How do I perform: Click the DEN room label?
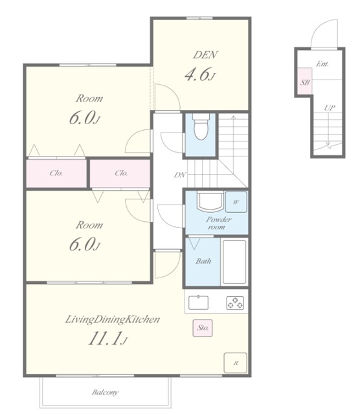pyautogui.click(x=205, y=54)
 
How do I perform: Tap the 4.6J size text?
pyautogui.click(x=200, y=74)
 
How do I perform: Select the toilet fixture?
pyautogui.click(x=201, y=127)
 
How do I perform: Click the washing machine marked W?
pyautogui.click(x=236, y=202)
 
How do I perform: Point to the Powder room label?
pyautogui.click(x=219, y=223)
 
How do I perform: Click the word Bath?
pyautogui.click(x=203, y=261)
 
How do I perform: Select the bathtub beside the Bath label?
pyautogui.click(x=234, y=261)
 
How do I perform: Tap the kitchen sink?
pyautogui.click(x=198, y=303)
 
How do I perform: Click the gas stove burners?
pyautogui.click(x=235, y=303)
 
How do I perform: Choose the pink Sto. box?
pyautogui.click(x=203, y=328)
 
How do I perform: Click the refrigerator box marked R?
pyautogui.click(x=236, y=363)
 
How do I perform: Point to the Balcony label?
pyautogui.click(x=105, y=393)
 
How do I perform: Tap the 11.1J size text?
pyautogui.click(x=108, y=338)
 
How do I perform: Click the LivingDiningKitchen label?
pyautogui.click(x=112, y=320)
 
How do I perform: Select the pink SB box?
pyautogui.click(x=305, y=81)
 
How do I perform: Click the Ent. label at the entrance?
pyautogui.click(x=322, y=64)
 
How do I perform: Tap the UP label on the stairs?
pyautogui.click(x=330, y=108)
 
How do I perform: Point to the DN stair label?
pyautogui.click(x=180, y=175)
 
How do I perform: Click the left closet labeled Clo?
pyautogui.click(x=56, y=173)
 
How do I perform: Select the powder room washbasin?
pyautogui.click(x=210, y=202)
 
